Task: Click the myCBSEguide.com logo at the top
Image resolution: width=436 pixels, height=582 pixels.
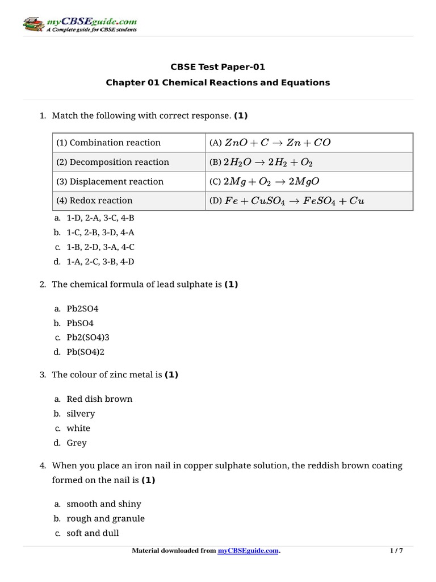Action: (79, 24)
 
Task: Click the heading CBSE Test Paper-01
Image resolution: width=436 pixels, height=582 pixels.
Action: (218, 67)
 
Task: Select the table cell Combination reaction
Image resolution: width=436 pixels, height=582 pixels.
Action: (108, 143)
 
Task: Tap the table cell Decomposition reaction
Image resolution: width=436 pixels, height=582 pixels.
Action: (112, 162)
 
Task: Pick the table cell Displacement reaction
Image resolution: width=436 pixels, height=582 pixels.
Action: (110, 181)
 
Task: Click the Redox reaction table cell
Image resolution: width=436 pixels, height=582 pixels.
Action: (94, 200)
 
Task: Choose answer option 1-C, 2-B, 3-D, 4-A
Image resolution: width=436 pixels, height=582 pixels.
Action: (100, 232)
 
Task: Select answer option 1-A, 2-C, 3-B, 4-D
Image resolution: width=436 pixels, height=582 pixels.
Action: (100, 261)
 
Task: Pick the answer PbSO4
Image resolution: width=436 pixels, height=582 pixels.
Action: (80, 323)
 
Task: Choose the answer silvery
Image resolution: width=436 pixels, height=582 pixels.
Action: (81, 414)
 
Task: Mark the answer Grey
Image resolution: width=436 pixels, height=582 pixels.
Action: (77, 443)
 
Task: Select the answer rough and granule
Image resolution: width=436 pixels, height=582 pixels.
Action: (106, 518)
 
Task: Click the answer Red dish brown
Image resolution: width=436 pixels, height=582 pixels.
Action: (99, 399)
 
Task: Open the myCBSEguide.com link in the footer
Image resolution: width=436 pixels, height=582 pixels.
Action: (248, 551)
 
